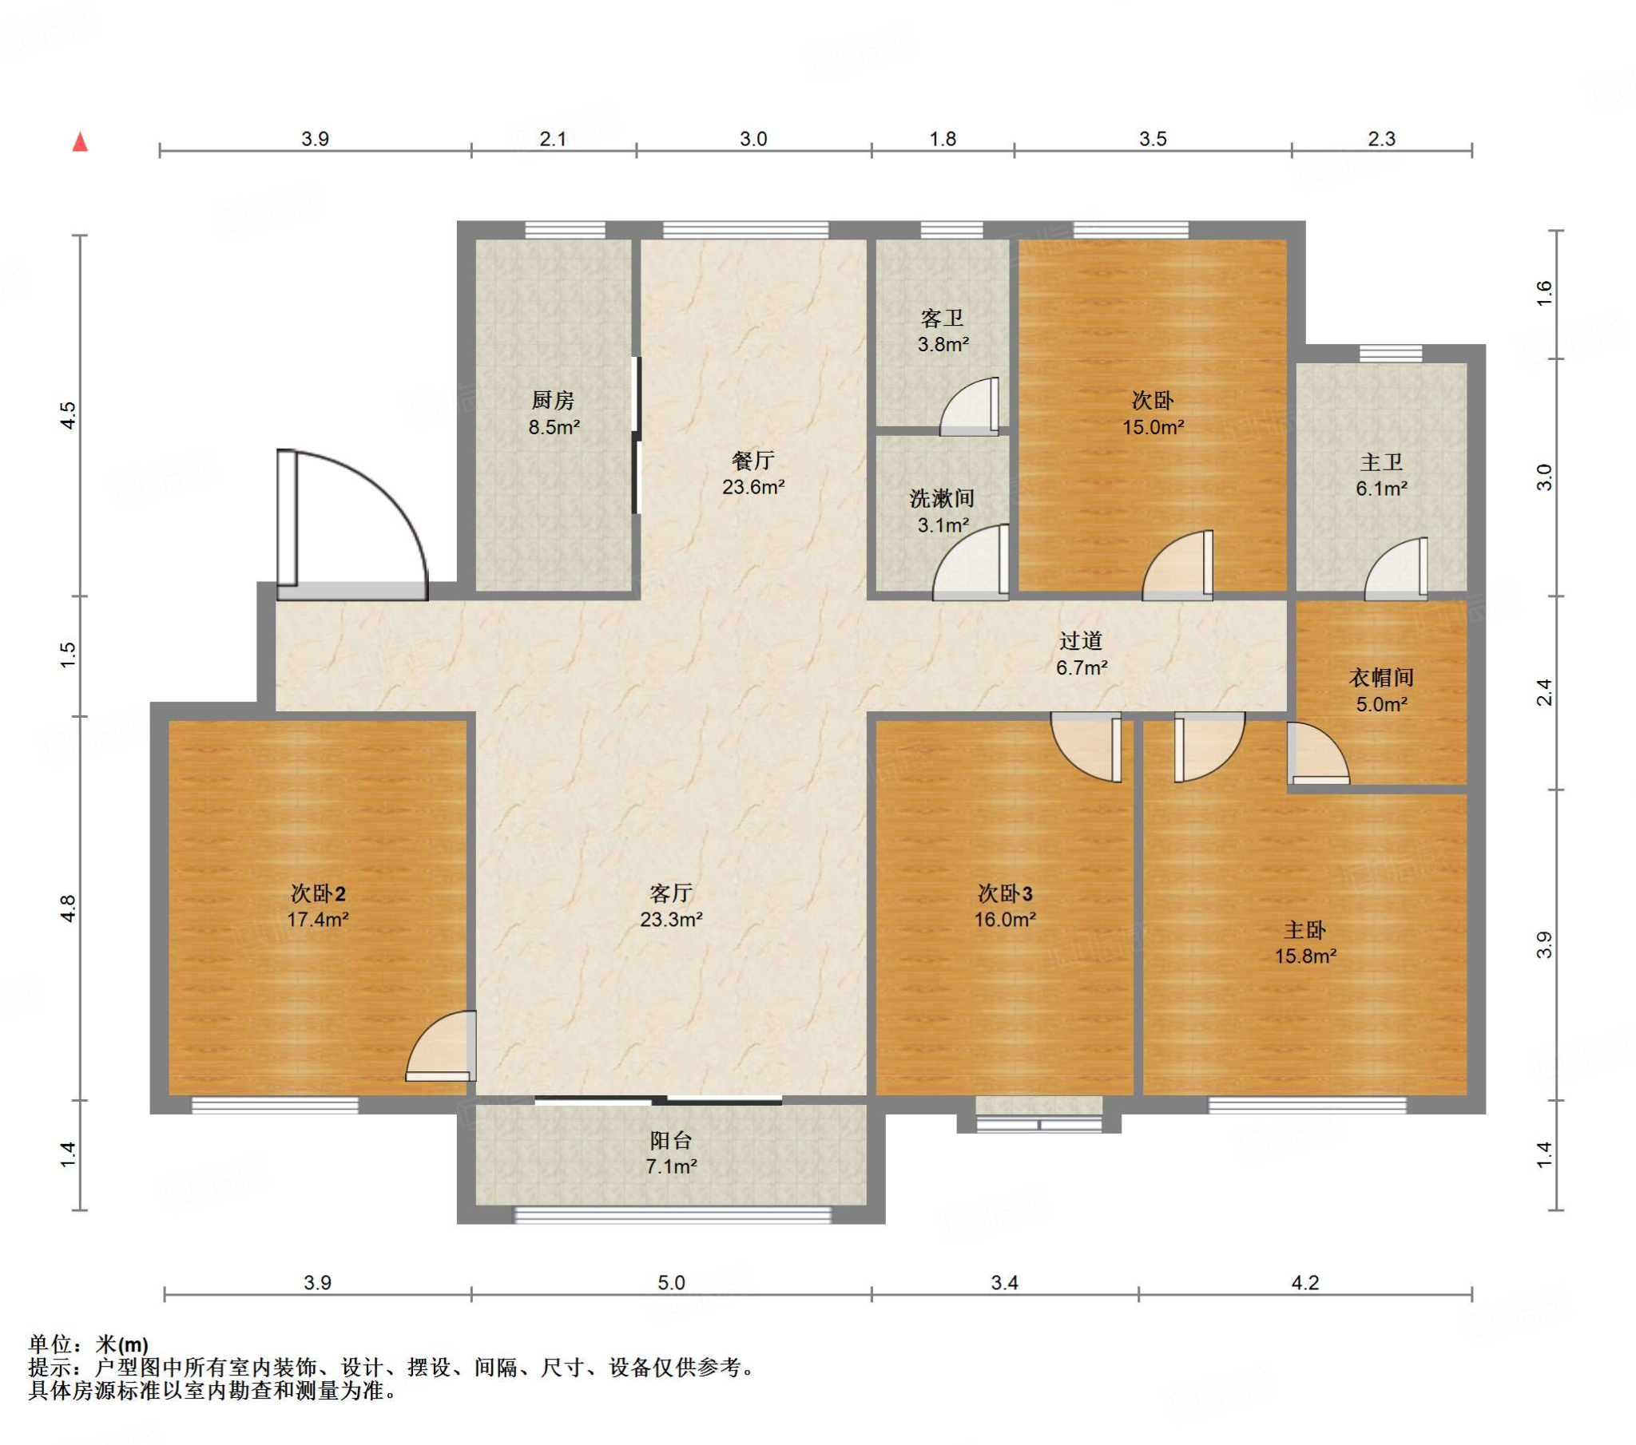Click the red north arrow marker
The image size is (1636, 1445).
click(x=80, y=142)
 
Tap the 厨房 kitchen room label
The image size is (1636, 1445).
click(x=553, y=399)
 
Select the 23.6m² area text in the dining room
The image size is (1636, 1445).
click(x=753, y=486)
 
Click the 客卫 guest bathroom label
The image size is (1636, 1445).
click(x=942, y=319)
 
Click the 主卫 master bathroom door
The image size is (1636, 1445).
click(x=1396, y=568)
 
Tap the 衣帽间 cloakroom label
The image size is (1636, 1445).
click(x=1381, y=678)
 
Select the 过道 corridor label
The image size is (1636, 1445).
click(x=1082, y=640)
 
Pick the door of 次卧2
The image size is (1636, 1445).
click(x=441, y=1047)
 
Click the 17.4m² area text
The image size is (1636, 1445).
click(x=318, y=920)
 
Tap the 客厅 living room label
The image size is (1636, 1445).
click(x=671, y=893)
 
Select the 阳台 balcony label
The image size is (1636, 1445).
click(x=671, y=1140)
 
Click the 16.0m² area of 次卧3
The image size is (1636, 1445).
click(x=1004, y=920)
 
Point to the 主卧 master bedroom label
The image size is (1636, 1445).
click(x=1305, y=930)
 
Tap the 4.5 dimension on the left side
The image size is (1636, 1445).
click(x=69, y=415)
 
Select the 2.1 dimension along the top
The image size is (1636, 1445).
click(x=553, y=139)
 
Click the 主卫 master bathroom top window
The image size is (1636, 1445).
click(x=1391, y=353)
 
